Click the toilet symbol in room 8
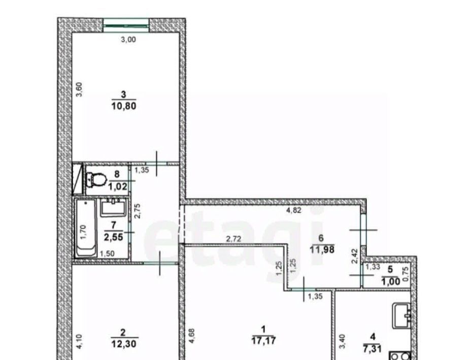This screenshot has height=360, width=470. click(x=96, y=179)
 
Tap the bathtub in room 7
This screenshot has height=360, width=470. click(x=86, y=228)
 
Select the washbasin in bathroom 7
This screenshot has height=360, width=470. click(x=112, y=207)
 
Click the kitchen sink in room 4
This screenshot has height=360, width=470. click(x=401, y=315)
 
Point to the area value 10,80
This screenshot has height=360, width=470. click(x=124, y=106)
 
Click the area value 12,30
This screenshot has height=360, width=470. click(x=123, y=343)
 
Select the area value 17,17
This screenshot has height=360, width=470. click(x=264, y=341)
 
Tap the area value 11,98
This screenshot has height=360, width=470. click(x=322, y=249)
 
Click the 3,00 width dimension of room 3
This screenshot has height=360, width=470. click(x=128, y=39)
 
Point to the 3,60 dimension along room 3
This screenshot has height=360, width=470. click(x=79, y=90)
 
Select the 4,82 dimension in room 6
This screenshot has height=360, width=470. click(x=294, y=210)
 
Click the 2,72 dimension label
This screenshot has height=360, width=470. click(x=233, y=239)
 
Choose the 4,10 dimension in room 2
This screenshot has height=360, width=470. click(x=79, y=342)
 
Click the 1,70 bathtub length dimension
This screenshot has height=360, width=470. click(x=84, y=232)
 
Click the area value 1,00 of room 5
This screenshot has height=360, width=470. click(x=391, y=281)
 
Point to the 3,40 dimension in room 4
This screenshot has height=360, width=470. click(x=343, y=341)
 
